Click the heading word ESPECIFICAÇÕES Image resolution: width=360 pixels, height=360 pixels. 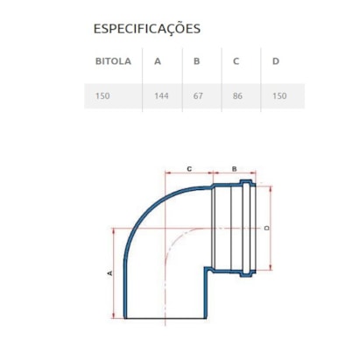(x=146, y=28)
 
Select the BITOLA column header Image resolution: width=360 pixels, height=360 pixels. (x=112, y=62)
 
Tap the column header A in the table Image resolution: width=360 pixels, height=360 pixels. (x=158, y=62)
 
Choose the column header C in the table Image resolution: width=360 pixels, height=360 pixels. (x=236, y=62)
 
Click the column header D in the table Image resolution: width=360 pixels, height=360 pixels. (x=276, y=62)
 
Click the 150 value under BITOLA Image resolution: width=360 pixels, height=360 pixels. (x=104, y=95)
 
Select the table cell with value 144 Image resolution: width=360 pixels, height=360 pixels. (x=161, y=95)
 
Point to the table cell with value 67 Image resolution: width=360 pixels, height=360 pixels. (x=198, y=95)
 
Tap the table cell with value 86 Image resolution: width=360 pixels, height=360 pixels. (x=237, y=95)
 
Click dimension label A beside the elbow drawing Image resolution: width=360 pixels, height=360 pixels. (x=110, y=274)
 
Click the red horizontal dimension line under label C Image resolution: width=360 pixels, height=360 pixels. (x=188, y=173)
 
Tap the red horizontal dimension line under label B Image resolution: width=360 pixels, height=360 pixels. (x=234, y=173)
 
